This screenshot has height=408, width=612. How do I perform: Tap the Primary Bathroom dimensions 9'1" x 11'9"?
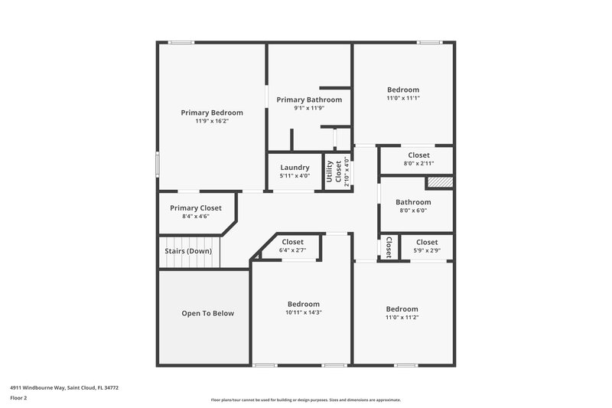click(309, 108)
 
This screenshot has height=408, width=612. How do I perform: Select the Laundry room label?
click(295, 168)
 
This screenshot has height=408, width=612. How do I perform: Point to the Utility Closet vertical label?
click(334, 172)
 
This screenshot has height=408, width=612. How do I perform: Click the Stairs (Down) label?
click(188, 251)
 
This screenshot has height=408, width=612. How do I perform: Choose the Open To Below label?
click(207, 313)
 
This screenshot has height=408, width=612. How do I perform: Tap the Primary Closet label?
click(196, 207)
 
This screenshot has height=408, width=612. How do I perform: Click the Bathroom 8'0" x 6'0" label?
click(413, 202)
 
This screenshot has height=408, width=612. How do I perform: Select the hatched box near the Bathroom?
click(440, 182)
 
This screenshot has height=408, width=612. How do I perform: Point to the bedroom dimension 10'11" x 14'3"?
click(304, 312)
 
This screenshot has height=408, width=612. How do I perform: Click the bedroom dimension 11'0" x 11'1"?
click(402, 98)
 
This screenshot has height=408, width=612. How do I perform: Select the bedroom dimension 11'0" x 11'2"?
click(402, 317)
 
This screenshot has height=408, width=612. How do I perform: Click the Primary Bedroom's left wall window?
click(158, 163)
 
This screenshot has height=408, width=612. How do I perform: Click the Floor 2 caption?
click(18, 398)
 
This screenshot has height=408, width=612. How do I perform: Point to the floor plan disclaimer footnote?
click(306, 400)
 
